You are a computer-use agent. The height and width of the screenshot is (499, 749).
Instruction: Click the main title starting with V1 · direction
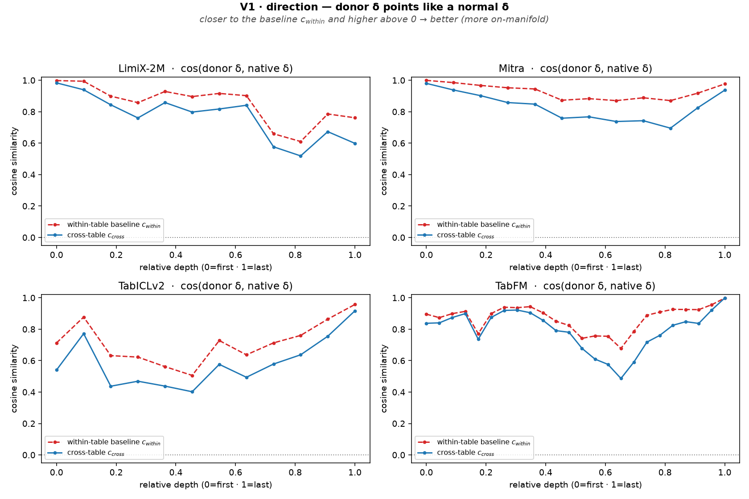pyautogui.click(x=374, y=7)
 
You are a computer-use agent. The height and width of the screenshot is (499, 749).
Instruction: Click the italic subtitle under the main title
pyautogui.click(x=374, y=20)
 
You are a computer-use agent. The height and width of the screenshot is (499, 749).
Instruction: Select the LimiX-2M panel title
pyautogui.click(x=206, y=69)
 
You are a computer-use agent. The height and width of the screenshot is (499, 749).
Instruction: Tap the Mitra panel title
pyautogui.click(x=575, y=69)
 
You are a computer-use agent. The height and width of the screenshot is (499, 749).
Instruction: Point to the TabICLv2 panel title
pyautogui.click(x=206, y=286)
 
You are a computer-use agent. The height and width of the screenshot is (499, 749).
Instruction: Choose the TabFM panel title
pyautogui.click(x=575, y=286)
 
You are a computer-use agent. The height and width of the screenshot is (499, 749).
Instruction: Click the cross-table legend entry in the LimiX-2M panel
pyautogui.click(x=86, y=235)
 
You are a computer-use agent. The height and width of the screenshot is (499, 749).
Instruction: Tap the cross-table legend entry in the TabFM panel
pyautogui.click(x=456, y=453)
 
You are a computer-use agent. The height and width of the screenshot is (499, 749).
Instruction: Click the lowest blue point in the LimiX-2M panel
pyautogui.click(x=300, y=156)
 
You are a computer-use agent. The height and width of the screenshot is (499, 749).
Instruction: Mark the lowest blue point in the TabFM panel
pyautogui.click(x=621, y=379)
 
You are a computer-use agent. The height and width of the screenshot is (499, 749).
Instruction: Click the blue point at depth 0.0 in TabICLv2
pyautogui.click(x=57, y=370)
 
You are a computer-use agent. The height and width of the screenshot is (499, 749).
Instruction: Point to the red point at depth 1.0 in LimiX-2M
pyautogui.click(x=355, y=118)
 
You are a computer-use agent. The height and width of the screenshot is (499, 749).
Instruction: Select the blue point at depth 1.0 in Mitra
pyautogui.click(x=725, y=90)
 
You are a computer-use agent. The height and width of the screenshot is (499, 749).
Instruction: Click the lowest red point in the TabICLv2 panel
pyautogui.click(x=192, y=376)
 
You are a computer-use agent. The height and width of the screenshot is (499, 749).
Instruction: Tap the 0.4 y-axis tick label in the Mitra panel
pyautogui.click(x=399, y=175)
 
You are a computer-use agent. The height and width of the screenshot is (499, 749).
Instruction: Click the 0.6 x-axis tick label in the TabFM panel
pyautogui.click(x=605, y=472)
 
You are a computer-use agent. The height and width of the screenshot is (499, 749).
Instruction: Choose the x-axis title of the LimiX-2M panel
pyautogui.click(x=206, y=267)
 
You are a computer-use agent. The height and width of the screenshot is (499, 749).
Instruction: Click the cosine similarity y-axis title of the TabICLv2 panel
pyautogui.click(x=14, y=379)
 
